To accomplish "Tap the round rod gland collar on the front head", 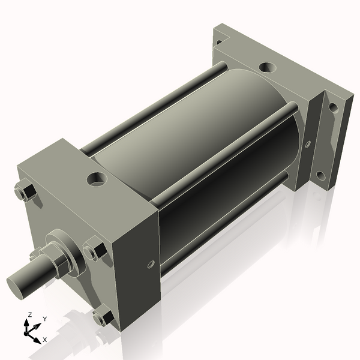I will point(66,247).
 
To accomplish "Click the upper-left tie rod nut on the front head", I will point(25,192).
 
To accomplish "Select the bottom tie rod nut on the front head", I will point(103,316).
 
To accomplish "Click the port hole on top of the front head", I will point(96,178).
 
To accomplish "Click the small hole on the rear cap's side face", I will point(308,144).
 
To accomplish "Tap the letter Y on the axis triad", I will point(44,319).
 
